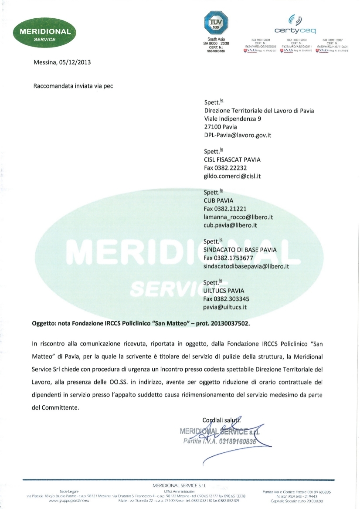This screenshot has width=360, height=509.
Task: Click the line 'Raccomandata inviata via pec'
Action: (x=73, y=86)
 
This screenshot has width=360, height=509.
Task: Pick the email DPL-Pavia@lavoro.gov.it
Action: (x=238, y=135)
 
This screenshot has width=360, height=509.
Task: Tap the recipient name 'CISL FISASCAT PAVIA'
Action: (x=232, y=159)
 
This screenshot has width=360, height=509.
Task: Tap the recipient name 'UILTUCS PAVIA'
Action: (x=224, y=290)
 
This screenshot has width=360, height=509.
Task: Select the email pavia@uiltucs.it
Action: (x=225, y=307)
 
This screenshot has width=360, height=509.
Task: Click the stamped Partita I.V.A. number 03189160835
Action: (x=239, y=440)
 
